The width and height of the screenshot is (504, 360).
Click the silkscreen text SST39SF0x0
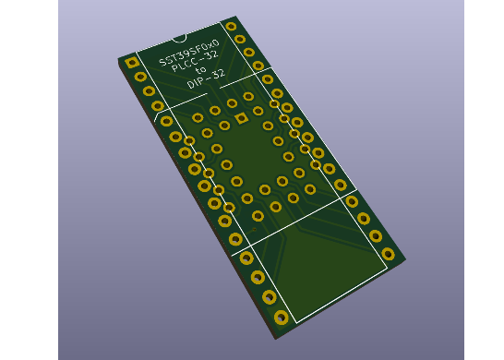[189, 53]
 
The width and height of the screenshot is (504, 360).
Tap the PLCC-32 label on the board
[195, 62]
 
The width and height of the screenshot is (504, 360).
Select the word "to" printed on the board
[200, 69]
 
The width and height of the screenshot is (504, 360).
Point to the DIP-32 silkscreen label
[206, 79]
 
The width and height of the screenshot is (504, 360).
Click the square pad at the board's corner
[132, 63]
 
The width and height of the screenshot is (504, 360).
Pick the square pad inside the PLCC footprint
[241, 118]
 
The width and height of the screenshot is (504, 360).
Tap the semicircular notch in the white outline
[179, 40]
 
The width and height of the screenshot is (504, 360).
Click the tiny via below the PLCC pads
[254, 229]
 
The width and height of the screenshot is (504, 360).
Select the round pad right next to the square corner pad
[140, 77]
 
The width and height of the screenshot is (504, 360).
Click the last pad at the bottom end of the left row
[281, 318]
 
